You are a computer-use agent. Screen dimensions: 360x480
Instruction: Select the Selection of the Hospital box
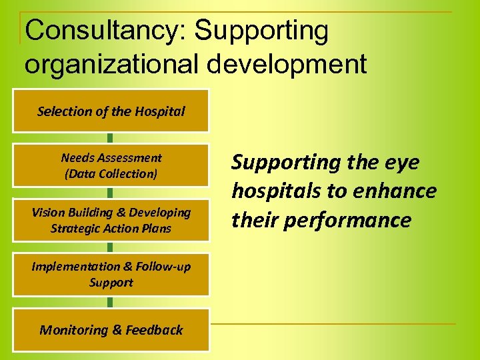(x=111, y=111)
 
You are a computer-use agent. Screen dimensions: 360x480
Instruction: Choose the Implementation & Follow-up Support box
(x=111, y=274)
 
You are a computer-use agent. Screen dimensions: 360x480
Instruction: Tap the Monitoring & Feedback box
(x=111, y=330)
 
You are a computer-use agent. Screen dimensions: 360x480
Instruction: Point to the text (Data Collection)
(x=111, y=174)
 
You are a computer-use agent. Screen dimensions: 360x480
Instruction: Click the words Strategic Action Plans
(x=111, y=229)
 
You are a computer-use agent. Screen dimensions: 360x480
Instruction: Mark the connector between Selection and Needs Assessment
(x=110, y=138)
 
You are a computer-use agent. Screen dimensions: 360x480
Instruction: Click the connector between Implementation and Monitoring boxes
(x=110, y=302)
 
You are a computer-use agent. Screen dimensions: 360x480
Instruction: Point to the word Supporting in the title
(x=263, y=31)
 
